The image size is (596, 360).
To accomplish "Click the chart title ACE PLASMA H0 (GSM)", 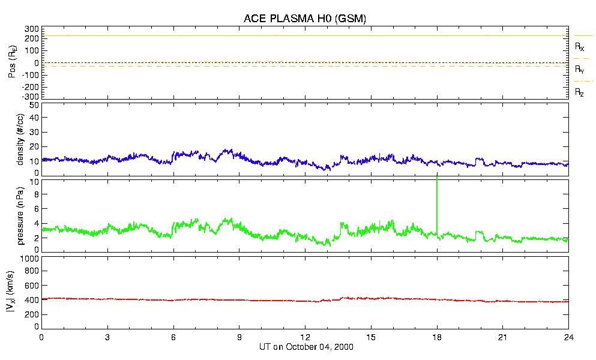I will (305, 19).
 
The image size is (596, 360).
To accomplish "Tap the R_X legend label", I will (579, 46).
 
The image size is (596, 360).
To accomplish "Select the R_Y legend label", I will (579, 70).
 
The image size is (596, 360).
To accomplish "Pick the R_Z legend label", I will (579, 92).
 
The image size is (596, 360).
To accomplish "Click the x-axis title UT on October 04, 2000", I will (305, 347).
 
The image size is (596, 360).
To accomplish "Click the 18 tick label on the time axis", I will (437, 337).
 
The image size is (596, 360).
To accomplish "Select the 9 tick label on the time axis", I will (239, 337).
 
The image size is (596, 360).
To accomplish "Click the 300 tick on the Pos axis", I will (32, 29).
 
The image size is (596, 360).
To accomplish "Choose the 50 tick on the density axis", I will (34, 105).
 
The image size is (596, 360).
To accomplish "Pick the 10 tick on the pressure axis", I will (34, 182).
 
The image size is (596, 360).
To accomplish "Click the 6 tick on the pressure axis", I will (36, 209).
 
